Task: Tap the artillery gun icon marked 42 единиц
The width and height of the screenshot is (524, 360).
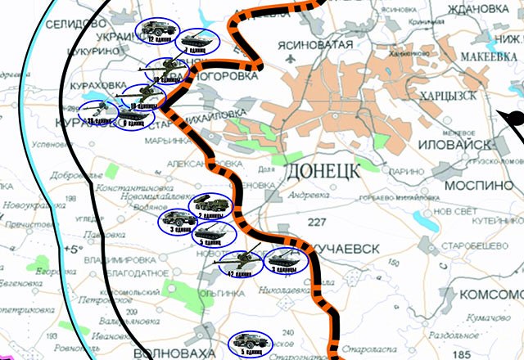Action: point(242,263)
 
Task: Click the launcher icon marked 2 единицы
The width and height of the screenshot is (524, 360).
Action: point(215,205)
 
